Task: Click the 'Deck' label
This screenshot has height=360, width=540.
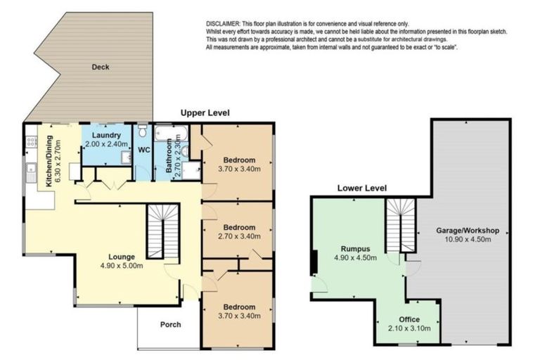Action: pyautogui.click(x=100, y=67)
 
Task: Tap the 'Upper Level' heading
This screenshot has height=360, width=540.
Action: pyautogui.click(x=205, y=113)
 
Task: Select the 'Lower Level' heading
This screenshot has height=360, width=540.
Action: pyautogui.click(x=361, y=188)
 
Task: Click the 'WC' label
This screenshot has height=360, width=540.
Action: pyautogui.click(x=143, y=150)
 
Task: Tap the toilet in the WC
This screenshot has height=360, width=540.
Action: pyautogui.click(x=142, y=131)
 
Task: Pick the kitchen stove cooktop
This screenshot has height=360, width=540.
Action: pyautogui.click(x=31, y=142)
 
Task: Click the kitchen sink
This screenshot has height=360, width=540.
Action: pyautogui.click(x=31, y=170)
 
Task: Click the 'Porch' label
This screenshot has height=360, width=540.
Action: pyautogui.click(x=170, y=324)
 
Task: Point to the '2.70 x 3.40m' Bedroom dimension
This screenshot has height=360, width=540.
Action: pyautogui.click(x=237, y=237)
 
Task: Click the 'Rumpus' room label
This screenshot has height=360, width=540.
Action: pyautogui.click(x=355, y=248)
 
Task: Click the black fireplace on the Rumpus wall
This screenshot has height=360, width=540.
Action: pyautogui.click(x=314, y=260)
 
